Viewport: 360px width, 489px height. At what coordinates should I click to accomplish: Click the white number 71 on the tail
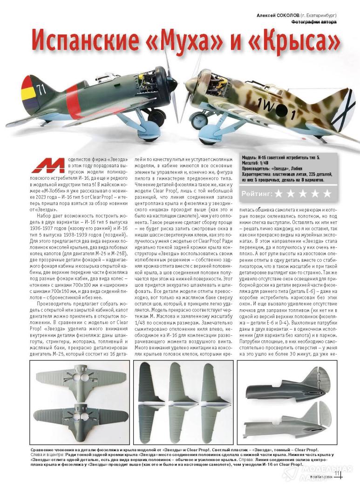42,90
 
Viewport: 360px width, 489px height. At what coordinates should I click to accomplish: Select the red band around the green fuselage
72,101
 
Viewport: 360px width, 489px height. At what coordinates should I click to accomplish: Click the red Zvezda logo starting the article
48,165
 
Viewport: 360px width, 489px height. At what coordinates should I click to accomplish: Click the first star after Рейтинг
279,193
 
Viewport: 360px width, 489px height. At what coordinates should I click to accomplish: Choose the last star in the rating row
327,193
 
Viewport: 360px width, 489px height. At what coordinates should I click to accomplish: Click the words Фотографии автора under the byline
314,21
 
